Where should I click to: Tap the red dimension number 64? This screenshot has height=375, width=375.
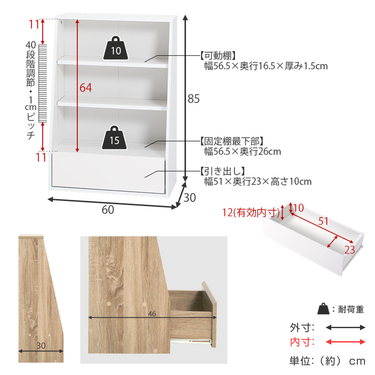coord(86,88)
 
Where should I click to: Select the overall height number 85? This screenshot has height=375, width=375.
coord(193,99)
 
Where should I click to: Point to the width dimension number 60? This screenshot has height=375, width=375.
coord(108,210)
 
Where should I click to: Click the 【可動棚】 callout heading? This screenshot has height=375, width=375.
coord(218,56)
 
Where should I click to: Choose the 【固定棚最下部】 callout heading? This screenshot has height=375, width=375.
coord(232,141)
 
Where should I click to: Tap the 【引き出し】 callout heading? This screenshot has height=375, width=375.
coord(222,171)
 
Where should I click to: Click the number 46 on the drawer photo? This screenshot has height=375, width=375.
coord(152,313)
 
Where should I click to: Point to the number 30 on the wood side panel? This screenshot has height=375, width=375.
coord(41,346)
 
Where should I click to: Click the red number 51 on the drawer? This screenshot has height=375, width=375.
coord(323,221)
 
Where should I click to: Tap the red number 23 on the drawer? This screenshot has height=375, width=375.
coord(350,250)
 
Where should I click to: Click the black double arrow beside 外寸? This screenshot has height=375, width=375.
coord(345,327)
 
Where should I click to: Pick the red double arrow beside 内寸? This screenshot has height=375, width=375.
coord(345,342)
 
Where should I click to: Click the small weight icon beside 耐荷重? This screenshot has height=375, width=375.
coord(323,309)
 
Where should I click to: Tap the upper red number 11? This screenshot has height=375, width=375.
coord(35,24)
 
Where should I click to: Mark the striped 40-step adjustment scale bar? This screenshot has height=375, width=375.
coord(42,83)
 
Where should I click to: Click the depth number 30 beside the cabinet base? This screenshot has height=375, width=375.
coord(189,197)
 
